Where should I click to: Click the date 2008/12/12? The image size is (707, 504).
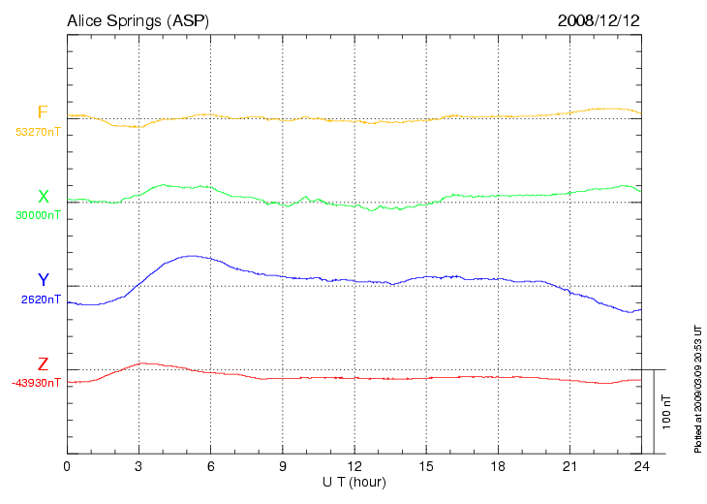[x=599, y=20]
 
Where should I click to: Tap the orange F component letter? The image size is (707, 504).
[x=43, y=112]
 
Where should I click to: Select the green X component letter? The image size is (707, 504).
[x=43, y=197]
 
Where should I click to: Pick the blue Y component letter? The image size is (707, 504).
[x=43, y=280]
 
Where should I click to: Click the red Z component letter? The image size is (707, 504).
[x=43, y=364]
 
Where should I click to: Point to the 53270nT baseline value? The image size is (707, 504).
[x=38, y=131]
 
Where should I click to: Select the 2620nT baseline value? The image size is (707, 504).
[x=41, y=299]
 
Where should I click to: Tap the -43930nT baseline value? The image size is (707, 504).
[x=37, y=383]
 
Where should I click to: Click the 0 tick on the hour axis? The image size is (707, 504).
[x=67, y=466]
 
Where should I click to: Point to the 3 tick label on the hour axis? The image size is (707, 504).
[x=138, y=466]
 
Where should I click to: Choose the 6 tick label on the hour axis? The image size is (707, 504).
[x=210, y=466]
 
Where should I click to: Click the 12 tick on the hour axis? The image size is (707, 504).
[x=353, y=466]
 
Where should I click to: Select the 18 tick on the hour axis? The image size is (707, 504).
[x=497, y=466]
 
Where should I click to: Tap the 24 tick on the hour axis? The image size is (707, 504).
[x=640, y=466]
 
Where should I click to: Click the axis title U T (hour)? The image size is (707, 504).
[x=353, y=482]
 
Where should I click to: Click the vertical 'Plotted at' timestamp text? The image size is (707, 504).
[x=697, y=388]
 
